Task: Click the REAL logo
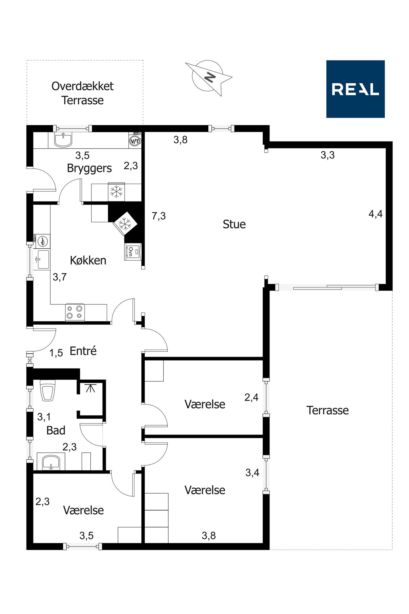coord(355,89)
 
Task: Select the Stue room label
coord(234,224)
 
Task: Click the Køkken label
coord(88,260)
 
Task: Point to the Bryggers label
coord(89,169)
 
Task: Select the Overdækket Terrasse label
coord(82,93)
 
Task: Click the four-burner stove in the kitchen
coord(75,312)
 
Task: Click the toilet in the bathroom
coord(48,390)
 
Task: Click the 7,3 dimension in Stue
coord(159,216)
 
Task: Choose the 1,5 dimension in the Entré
coord(56,353)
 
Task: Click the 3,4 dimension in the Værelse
coord(252,473)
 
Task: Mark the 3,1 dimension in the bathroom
coord(44,417)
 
